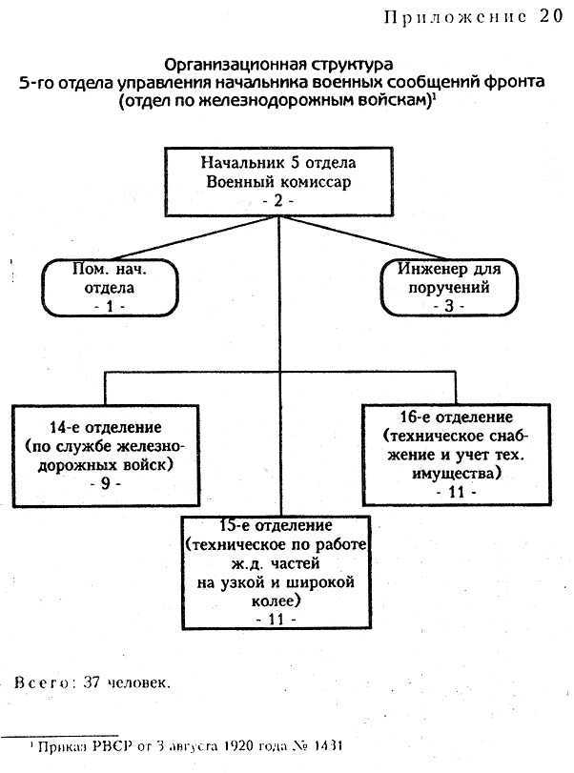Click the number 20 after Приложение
tap(550, 16)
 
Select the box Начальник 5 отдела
tap(279, 182)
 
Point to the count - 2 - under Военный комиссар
tap(278, 201)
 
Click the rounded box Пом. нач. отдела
tap(110, 288)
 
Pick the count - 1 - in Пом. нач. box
tap(110, 306)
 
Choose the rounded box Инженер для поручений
tap(449, 287)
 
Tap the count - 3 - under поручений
tap(449, 306)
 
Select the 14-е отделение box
tap(106, 456)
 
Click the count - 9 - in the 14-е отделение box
tap(106, 483)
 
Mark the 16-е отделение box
tap(457, 455)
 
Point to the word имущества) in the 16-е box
tap(457, 474)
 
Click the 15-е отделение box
tap(277, 572)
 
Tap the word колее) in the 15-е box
tap(277, 600)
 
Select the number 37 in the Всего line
tap(92, 682)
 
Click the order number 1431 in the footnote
tap(327, 746)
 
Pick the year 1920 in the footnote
tap(238, 746)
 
